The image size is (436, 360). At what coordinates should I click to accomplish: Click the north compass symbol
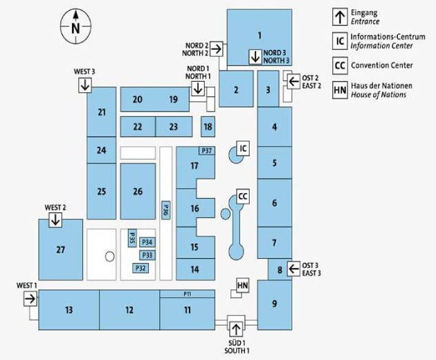75,27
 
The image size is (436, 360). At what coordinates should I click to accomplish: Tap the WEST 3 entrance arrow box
85,85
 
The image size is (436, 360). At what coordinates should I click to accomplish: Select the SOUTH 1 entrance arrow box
236,330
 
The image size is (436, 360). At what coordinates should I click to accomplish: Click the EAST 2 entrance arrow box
293,82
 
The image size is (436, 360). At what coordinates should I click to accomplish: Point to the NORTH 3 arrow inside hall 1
255,57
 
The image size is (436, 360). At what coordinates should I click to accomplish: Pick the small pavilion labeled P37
207,151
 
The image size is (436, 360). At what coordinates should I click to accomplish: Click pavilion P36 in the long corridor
165,210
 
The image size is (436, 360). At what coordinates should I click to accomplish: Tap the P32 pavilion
140,268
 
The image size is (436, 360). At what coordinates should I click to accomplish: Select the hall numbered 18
208,127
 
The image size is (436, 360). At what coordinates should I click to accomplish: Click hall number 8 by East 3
280,269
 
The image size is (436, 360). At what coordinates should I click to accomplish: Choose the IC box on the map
243,148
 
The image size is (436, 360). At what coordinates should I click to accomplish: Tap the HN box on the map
242,285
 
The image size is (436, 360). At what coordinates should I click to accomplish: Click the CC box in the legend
340,66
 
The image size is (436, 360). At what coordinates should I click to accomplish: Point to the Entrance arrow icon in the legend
340,17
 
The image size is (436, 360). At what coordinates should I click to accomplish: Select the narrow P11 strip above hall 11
187,294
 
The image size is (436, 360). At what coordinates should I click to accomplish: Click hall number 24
102,150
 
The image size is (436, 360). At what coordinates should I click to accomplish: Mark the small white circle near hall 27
109,256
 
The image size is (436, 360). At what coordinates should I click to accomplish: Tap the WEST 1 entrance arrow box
30,299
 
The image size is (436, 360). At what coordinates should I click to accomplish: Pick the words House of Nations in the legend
378,95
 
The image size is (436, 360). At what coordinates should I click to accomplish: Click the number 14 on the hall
194,269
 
